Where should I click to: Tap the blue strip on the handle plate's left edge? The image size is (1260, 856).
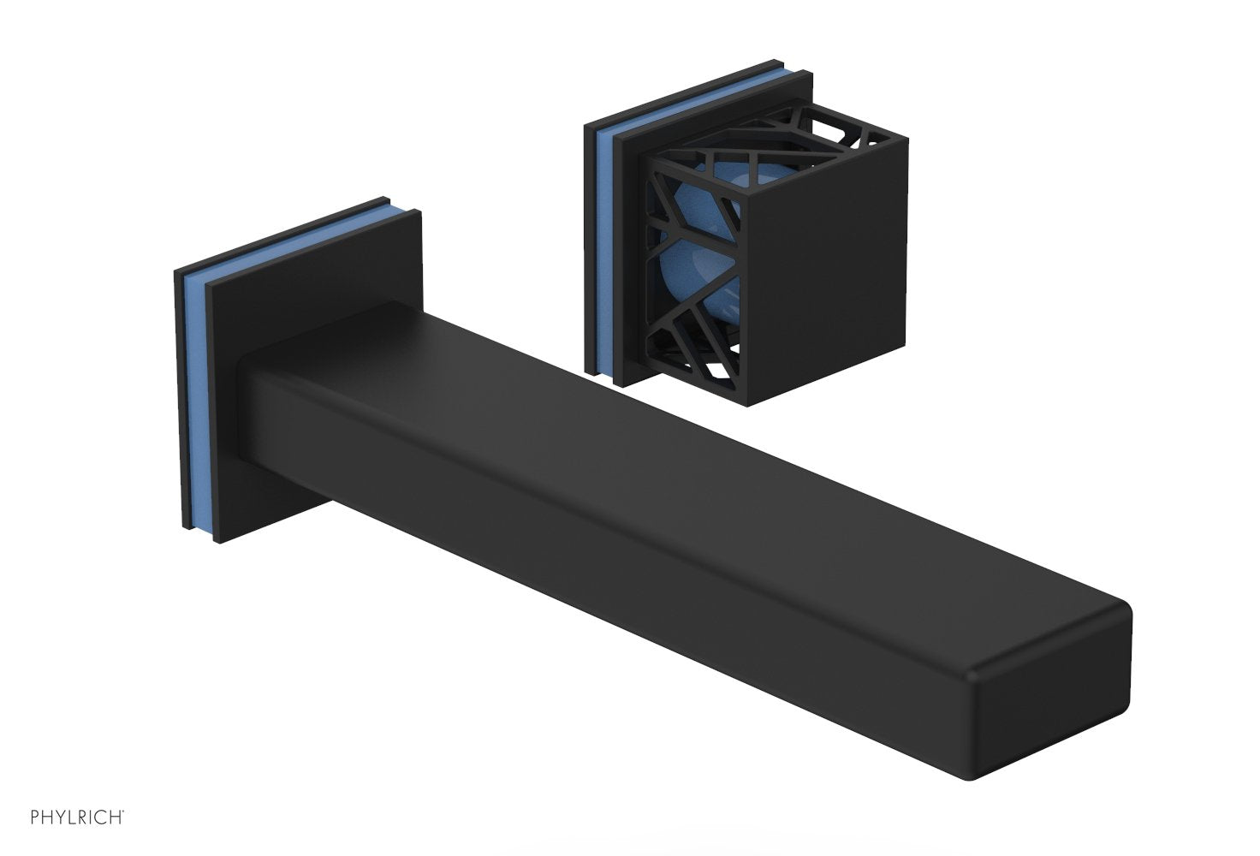tap(603, 248)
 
